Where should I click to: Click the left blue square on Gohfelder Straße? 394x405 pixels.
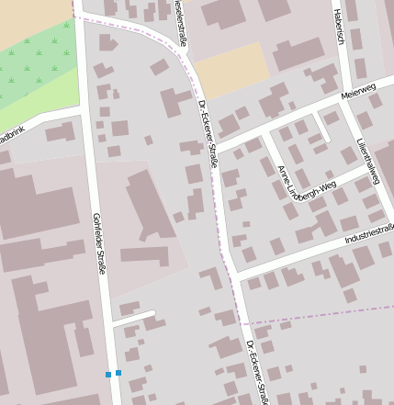pos(108,375)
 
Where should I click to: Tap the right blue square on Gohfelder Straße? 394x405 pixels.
pos(118,373)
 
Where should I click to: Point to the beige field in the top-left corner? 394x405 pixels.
pos(32,17)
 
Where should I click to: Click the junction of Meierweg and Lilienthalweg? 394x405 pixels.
pos(342,104)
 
